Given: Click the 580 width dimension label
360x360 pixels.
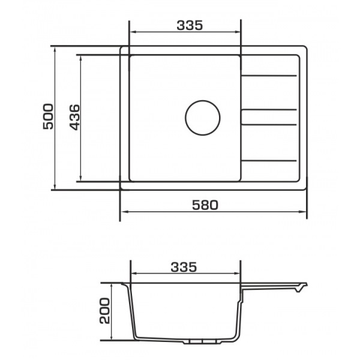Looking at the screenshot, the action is [205, 205].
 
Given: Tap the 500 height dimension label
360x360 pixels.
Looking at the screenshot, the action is [48, 116].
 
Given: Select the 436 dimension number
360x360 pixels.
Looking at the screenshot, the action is [74, 118].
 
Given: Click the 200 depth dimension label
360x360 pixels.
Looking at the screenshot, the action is [104, 311].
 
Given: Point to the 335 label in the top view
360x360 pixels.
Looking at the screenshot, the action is [190, 25].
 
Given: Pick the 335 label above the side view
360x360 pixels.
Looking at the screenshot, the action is [184, 267].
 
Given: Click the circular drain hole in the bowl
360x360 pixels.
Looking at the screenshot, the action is [203, 118].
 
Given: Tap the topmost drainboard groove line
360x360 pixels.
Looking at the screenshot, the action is [269, 76].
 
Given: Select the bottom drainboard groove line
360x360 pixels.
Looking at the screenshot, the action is [269, 160].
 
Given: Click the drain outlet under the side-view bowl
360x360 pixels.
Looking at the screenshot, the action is [200, 342].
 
